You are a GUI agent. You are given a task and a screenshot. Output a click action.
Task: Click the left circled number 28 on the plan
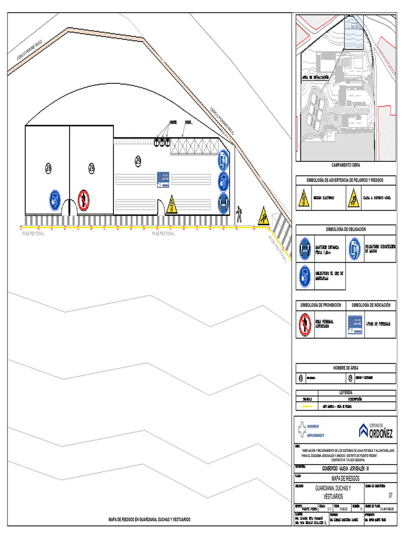(x=49, y=168)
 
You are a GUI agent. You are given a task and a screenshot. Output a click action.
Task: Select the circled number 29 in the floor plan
(x=138, y=160)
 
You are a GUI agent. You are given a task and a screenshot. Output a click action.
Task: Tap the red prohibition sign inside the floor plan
(x=83, y=200)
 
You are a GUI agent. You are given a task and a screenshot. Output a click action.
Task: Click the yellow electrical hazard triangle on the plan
(x=171, y=206)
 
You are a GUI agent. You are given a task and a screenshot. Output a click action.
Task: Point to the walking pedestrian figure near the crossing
(x=239, y=212)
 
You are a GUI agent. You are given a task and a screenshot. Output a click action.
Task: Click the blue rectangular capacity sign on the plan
(x=162, y=179)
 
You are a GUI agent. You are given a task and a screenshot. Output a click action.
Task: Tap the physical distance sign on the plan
(x=224, y=203)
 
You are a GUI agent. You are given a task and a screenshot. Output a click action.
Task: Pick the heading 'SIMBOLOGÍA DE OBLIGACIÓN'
(x=345, y=229)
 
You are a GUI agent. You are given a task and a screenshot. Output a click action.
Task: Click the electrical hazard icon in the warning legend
(x=304, y=199)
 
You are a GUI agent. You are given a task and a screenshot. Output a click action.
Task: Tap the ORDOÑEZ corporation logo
(x=376, y=430)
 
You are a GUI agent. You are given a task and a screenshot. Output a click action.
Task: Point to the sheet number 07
(x=391, y=495)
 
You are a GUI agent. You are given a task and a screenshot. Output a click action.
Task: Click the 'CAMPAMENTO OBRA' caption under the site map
(x=345, y=165)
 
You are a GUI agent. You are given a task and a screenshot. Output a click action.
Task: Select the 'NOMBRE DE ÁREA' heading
(x=345, y=368)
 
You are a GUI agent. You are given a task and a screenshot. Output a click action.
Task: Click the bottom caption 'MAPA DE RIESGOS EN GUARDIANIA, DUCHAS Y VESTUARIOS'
(x=149, y=519)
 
